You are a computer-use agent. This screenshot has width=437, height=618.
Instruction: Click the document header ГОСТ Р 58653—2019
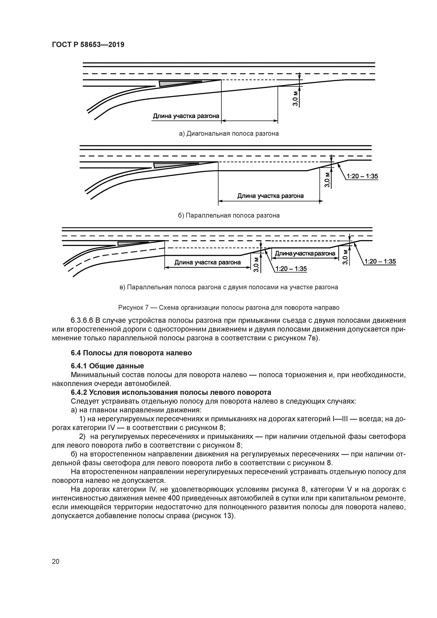point(88,45)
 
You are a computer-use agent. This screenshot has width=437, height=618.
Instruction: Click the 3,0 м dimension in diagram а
point(295,98)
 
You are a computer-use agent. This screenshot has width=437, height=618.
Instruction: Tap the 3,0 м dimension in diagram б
point(327,180)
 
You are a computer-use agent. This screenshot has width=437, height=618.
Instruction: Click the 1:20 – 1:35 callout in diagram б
point(362,176)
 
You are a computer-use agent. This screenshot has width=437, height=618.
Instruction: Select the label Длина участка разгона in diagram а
point(186,116)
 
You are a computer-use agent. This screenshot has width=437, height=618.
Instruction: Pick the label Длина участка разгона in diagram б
point(270,196)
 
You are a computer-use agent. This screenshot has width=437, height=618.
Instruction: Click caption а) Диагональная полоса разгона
point(229,133)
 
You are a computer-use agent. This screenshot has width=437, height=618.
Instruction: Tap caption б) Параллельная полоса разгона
point(229,215)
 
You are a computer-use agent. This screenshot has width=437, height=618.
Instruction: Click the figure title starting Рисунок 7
point(229,307)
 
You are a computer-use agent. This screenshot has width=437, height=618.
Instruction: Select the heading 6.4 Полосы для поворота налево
point(131,353)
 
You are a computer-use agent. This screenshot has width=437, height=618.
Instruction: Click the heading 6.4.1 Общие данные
point(107,366)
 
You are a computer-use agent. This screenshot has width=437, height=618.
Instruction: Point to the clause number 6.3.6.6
point(82,321)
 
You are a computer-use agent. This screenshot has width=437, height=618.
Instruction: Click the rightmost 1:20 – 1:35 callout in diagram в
point(380,261)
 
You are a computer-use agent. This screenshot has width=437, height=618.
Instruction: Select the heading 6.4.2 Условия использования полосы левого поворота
point(171,392)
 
